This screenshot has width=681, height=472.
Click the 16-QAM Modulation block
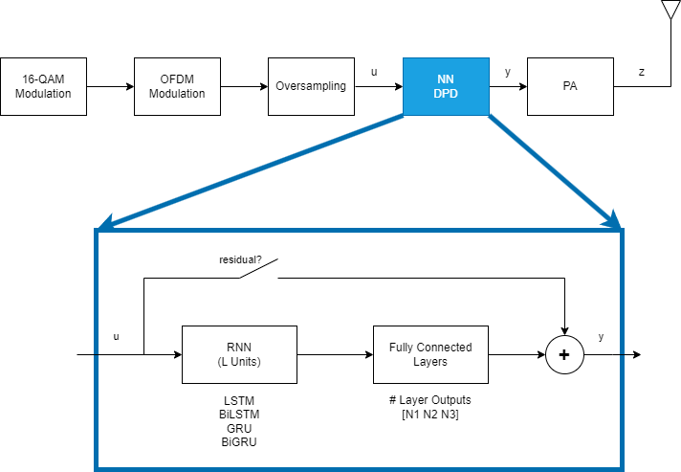[44, 86]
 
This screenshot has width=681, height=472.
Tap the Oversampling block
[311, 86]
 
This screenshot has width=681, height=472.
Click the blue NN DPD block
[446, 86]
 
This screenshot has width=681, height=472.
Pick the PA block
[570, 86]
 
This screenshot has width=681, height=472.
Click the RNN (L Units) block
[239, 354]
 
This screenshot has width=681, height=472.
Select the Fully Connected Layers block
[430, 354]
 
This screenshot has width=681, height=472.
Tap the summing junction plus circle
[564, 355]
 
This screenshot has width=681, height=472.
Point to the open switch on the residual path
[258, 272]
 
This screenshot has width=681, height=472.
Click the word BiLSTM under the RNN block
[239, 413]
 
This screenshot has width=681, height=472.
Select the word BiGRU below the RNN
[239, 441]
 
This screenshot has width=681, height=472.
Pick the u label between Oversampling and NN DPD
[373, 73]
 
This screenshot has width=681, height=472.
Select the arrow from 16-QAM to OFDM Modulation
[110, 86]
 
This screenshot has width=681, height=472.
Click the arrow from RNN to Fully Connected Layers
[335, 354]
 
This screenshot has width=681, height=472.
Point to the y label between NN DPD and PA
[507, 73]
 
